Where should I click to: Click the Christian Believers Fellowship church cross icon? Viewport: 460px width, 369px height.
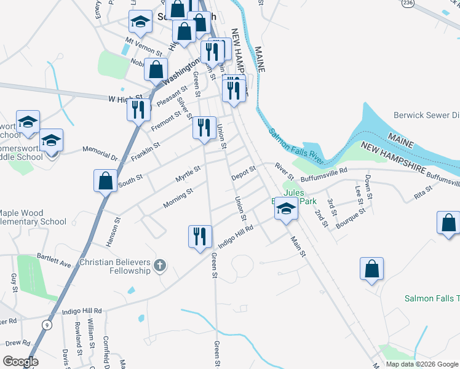pos(159,266)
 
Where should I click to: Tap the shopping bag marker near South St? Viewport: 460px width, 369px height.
pos(105,181)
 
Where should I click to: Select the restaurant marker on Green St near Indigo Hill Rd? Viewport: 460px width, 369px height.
pos(200,237)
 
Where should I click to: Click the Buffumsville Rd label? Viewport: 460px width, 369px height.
pos(324,170)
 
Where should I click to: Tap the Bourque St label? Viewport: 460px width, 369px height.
pos(351,219)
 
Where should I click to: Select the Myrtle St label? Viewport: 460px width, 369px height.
pos(188,173)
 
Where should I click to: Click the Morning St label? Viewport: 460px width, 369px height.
pos(178,198)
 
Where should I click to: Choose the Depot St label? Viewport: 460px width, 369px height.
pos(244,173)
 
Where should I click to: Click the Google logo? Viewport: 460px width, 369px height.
pos(20,362)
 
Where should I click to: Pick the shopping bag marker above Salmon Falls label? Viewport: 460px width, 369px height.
pos(372,269)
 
